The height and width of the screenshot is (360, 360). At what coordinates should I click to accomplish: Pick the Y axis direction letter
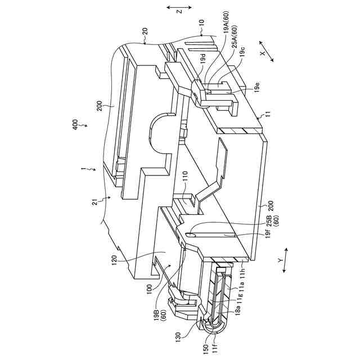280,260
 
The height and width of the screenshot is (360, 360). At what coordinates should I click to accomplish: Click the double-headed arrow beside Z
179,7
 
